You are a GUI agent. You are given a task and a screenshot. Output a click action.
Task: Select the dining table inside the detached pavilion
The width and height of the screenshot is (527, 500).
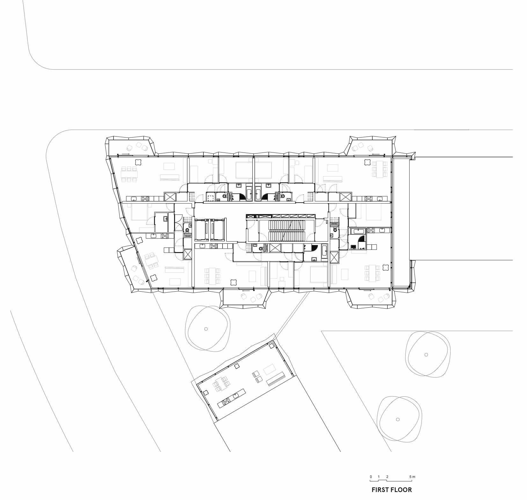tap(221, 383)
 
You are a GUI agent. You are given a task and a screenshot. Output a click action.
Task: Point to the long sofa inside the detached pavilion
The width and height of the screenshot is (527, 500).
tap(276, 379)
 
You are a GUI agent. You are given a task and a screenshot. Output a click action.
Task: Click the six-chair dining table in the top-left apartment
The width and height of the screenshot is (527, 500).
tap(129, 174)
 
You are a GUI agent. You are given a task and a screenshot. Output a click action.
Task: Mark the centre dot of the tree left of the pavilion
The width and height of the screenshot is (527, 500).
tap(206, 329)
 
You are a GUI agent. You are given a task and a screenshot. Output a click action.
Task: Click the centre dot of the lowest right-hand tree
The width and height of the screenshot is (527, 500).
tap(397, 419)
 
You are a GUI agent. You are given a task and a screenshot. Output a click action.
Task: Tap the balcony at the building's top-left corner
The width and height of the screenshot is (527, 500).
tap(131, 147)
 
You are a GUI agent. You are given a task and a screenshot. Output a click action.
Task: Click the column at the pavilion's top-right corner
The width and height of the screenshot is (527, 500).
tap(272, 346)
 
